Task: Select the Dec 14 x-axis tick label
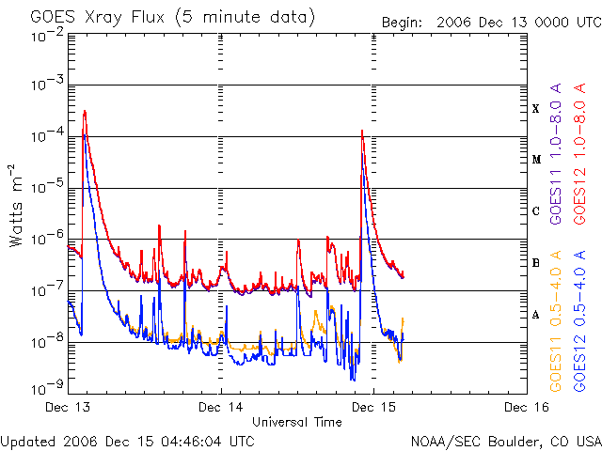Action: click(x=221, y=407)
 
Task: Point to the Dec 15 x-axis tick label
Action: click(x=373, y=407)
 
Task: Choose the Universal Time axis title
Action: click(x=296, y=422)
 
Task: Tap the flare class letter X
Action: click(x=536, y=108)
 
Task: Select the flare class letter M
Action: click(x=536, y=159)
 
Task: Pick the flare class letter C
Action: click(x=536, y=210)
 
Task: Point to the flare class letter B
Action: click(x=536, y=262)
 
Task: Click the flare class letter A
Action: click(x=536, y=314)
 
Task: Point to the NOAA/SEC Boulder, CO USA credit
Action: click(x=505, y=440)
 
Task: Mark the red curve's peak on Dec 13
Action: click(x=85, y=112)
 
